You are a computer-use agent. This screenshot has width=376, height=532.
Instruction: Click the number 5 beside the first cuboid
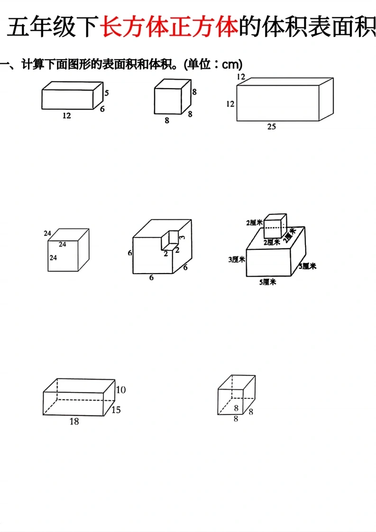pyautogui.click(x=107, y=92)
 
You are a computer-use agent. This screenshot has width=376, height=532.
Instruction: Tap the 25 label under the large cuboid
pyautogui.click(x=272, y=127)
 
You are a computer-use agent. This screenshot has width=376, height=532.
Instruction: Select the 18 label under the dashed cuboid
pyautogui.click(x=74, y=422)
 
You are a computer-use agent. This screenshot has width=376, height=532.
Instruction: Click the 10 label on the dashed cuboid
pyautogui.click(x=121, y=390)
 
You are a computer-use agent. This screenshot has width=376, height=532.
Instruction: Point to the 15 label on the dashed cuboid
pyautogui.click(x=116, y=410)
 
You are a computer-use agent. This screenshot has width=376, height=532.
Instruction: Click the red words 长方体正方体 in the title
pyautogui.click(x=169, y=27)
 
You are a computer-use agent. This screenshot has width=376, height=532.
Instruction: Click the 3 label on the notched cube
pyautogui.click(x=183, y=237)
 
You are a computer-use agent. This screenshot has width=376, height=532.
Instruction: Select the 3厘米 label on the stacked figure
pyautogui.click(x=237, y=259)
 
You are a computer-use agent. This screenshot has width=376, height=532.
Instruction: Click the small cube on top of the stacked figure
pyautogui.click(x=275, y=226)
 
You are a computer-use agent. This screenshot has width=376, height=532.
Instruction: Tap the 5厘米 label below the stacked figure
pyautogui.click(x=268, y=282)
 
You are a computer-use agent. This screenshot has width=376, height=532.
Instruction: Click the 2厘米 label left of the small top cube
pyautogui.click(x=255, y=222)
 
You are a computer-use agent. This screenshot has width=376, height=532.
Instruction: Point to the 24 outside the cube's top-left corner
pyautogui.click(x=47, y=233)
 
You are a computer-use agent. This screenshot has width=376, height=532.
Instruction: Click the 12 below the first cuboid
pyautogui.click(x=66, y=116)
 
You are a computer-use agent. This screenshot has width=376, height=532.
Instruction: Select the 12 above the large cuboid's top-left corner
pyautogui.click(x=241, y=77)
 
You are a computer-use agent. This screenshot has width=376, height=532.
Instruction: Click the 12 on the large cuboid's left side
pyautogui.click(x=230, y=104)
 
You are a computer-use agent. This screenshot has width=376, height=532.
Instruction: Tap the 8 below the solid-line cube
pyautogui.click(x=167, y=120)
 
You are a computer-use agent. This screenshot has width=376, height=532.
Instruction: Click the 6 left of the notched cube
pyautogui.click(x=129, y=253)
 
